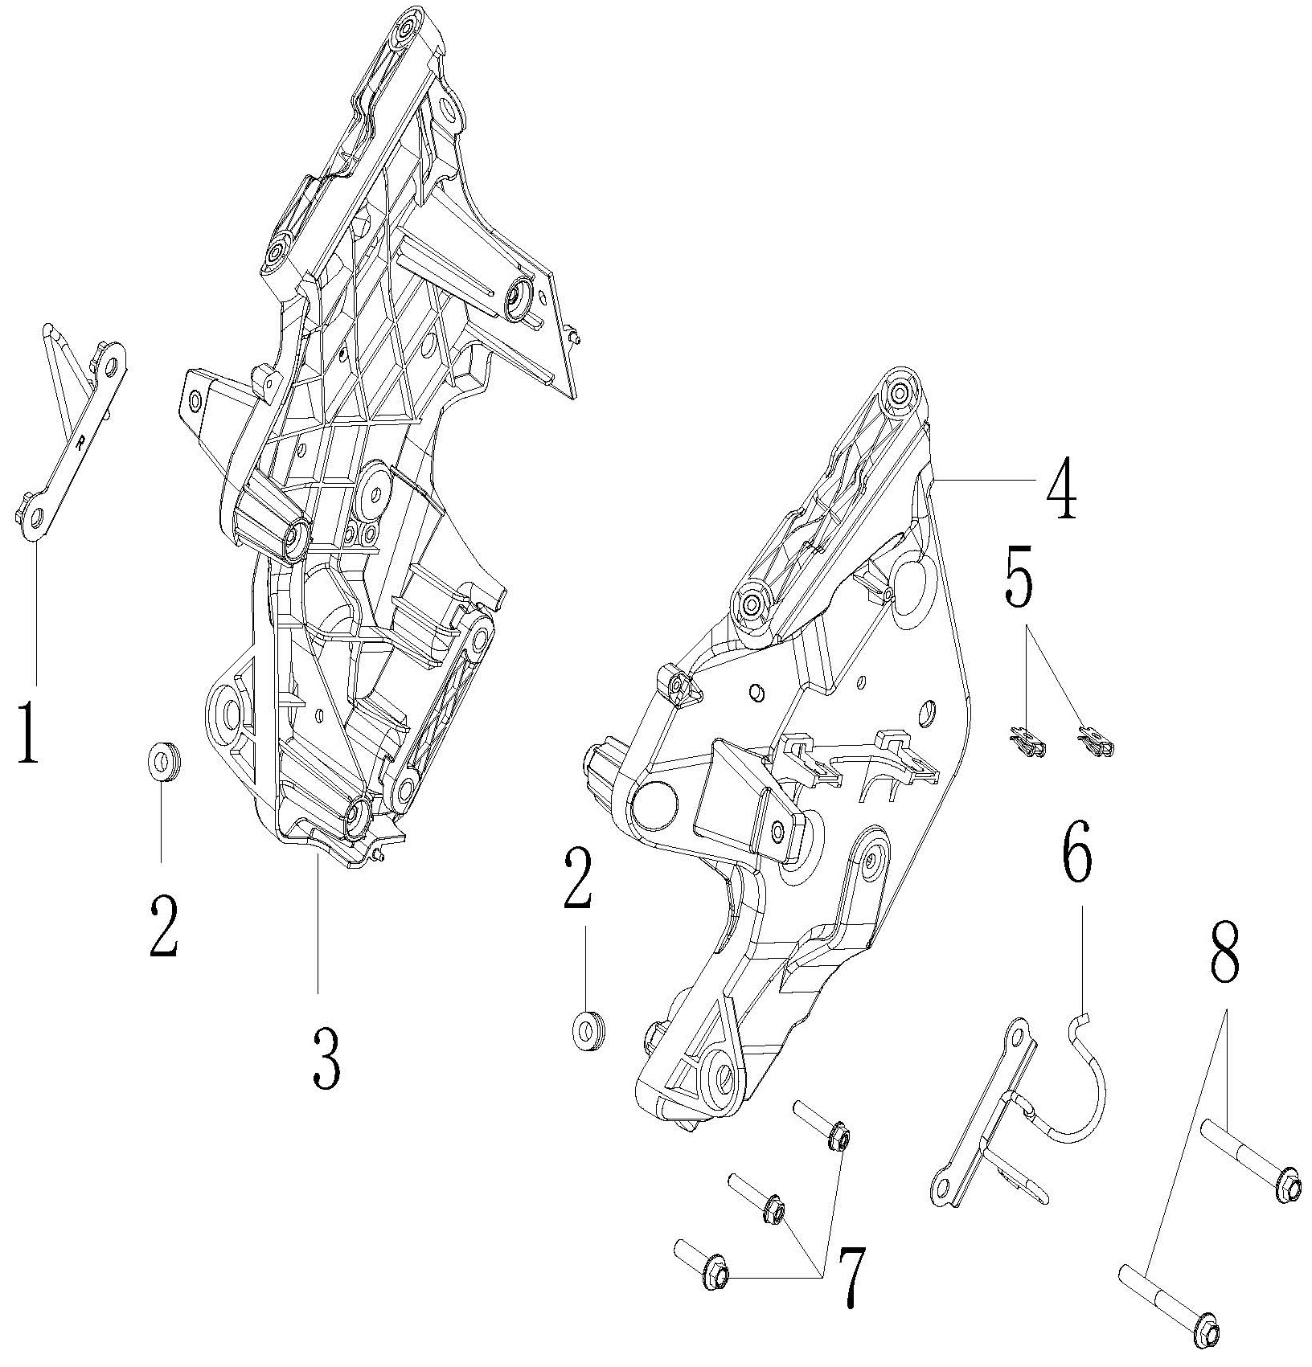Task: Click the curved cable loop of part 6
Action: click(x=1089, y=1081)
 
